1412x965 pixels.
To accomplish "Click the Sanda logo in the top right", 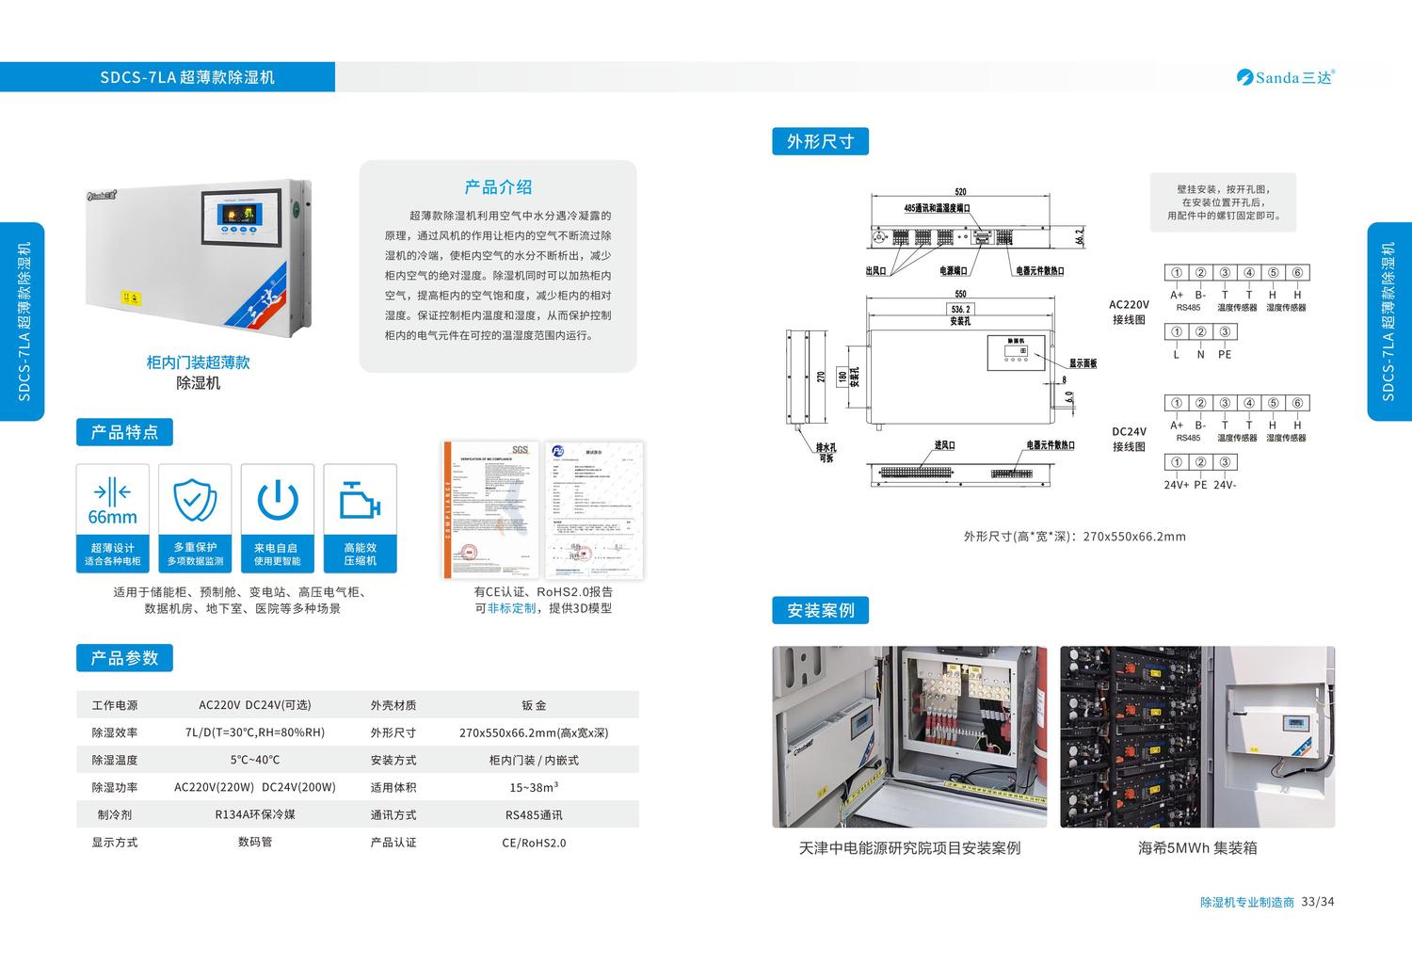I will point(1285,77).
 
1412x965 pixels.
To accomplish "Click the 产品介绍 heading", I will point(498,187).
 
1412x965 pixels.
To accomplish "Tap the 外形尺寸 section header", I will point(820,141).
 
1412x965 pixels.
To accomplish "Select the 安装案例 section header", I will point(820,610).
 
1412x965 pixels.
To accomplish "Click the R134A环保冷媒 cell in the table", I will point(255,814).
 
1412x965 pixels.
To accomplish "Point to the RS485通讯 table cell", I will point(534,815).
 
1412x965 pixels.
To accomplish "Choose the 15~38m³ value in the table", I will point(534,787).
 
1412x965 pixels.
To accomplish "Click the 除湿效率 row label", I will point(115,732).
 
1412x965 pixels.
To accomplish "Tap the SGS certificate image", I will point(491,509).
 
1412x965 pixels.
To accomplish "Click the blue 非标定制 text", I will point(511,608).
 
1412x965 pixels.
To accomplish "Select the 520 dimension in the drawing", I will point(960,192).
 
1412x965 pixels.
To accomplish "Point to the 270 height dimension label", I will point(821,377).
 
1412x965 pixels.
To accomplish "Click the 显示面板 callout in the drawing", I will point(1083,363).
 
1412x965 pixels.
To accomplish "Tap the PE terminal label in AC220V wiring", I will point(1225,355).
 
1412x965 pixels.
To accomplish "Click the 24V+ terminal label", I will point(1176,485).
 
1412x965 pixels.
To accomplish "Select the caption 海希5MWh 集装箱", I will point(1197,848).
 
